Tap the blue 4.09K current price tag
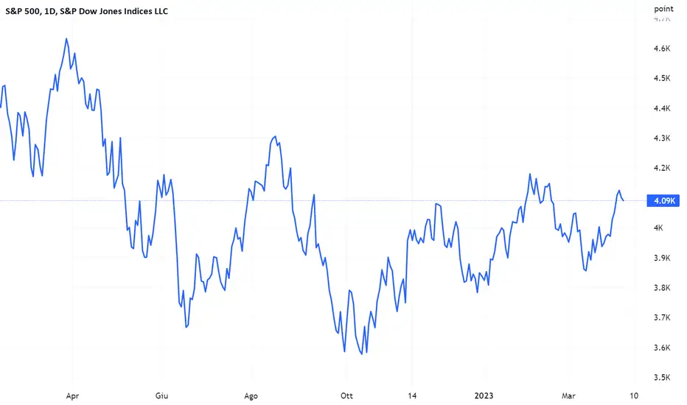[663, 200]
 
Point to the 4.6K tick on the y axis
[662, 49]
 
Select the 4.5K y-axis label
[662, 78]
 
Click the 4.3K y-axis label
[662, 138]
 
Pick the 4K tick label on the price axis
[658, 228]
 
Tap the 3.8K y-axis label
[662, 288]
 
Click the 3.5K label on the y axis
[662, 378]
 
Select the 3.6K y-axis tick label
[662, 348]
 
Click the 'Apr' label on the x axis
[72, 396]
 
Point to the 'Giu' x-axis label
[161, 396]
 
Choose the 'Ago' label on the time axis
[251, 396]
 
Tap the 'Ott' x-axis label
[346, 396]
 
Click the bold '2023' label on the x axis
[484, 396]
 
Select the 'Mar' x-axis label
[568, 396]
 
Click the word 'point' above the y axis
[663, 9]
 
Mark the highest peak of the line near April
[66, 38]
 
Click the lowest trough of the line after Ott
[362, 353]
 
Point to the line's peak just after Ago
[275, 137]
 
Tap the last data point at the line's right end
[624, 200]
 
